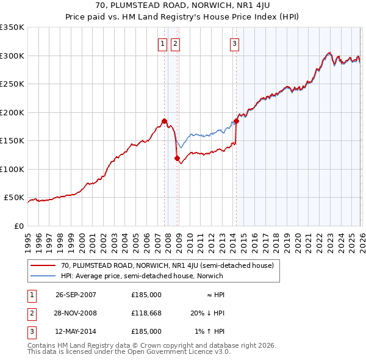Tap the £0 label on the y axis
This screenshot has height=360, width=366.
click(x=18, y=226)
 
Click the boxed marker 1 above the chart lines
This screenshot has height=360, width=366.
click(x=163, y=43)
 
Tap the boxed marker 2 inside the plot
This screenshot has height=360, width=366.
click(x=175, y=43)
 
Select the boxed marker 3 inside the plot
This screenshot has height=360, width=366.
click(x=234, y=43)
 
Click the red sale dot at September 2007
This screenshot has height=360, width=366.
click(x=164, y=121)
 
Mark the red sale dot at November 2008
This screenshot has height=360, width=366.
click(x=178, y=159)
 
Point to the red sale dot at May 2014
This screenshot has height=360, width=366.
click(x=236, y=121)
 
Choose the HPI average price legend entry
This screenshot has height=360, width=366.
click(x=142, y=276)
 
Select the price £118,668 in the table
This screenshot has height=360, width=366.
click(x=146, y=313)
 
